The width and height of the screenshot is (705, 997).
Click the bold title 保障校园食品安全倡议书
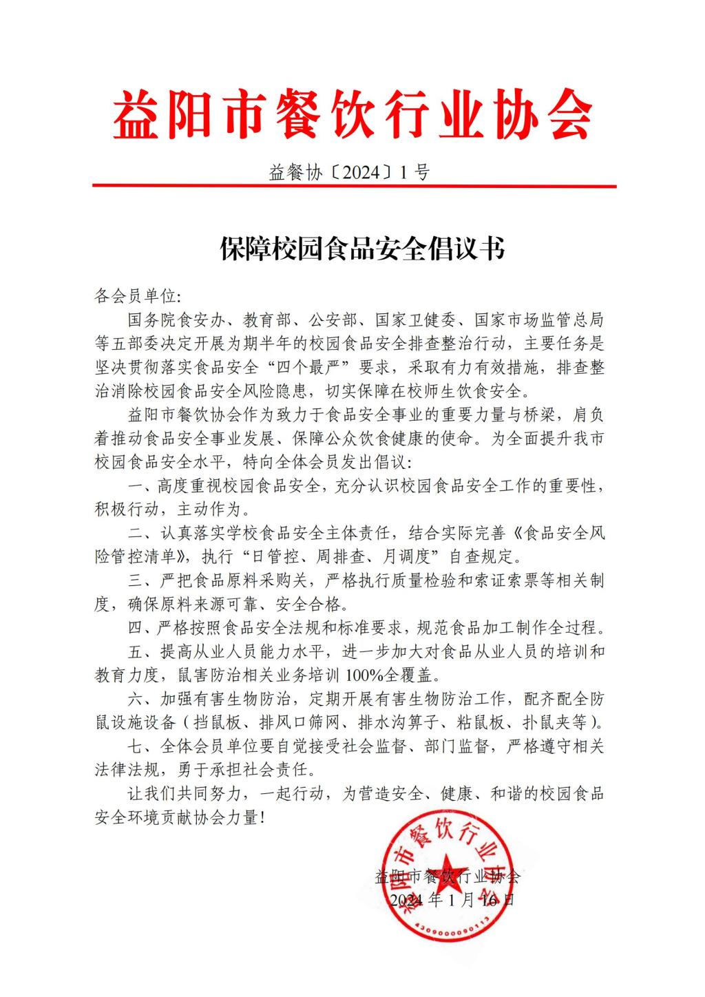point(362,249)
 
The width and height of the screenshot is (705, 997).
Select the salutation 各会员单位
point(135,297)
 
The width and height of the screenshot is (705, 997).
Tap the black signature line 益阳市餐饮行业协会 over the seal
point(448,877)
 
